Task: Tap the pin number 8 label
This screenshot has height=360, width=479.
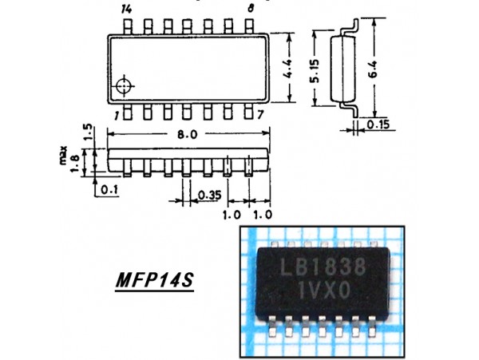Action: pyautogui.click(x=251, y=9)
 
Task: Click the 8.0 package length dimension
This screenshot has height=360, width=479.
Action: pyautogui.click(x=188, y=135)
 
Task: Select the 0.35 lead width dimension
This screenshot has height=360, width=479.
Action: pyautogui.click(x=209, y=194)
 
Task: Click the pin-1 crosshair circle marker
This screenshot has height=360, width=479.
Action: pyautogui.click(x=125, y=86)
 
